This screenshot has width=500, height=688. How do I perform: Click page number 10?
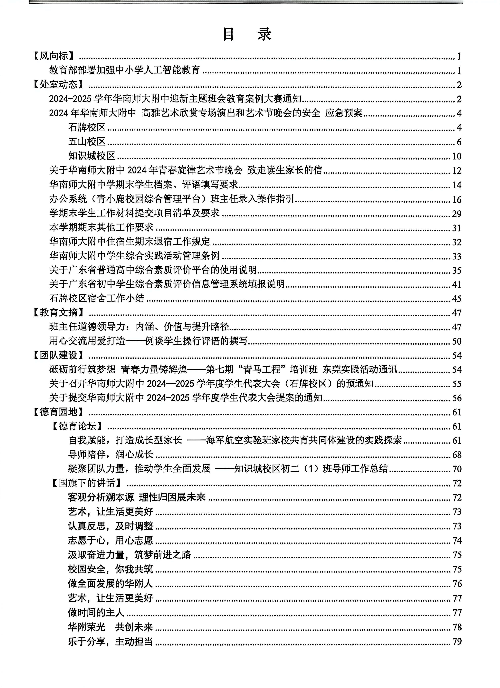[457, 156]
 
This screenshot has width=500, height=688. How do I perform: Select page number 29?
[457, 214]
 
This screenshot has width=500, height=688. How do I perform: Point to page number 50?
[457, 341]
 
